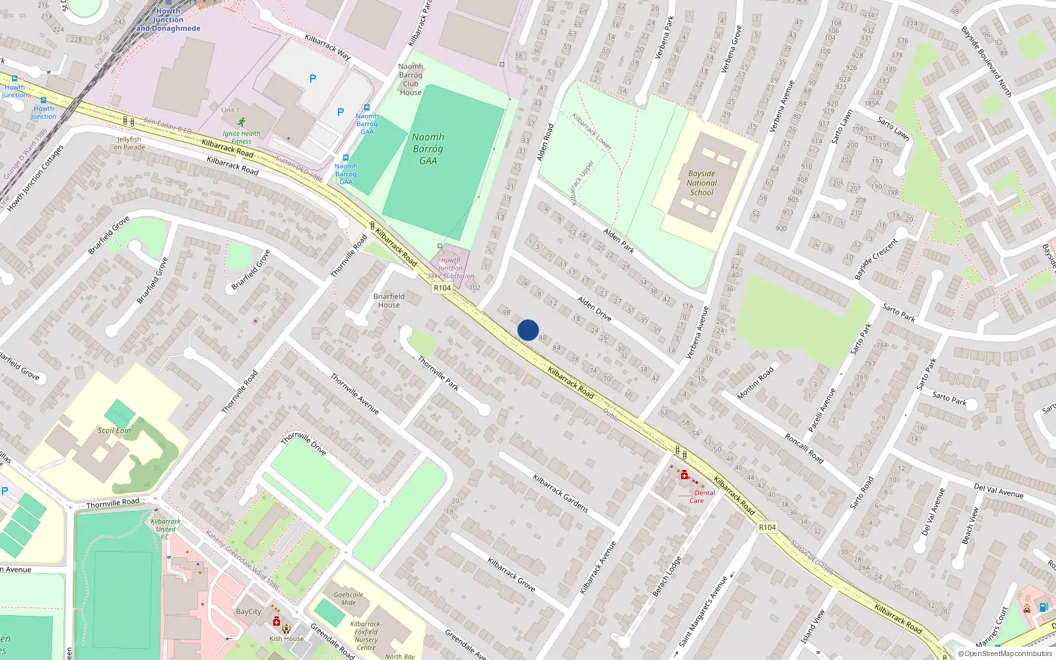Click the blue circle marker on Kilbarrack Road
tap(528, 330)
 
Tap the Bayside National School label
tap(702, 183)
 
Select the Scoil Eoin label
tap(114, 430)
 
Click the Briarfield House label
tap(389, 300)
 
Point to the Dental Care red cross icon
tap(684, 475)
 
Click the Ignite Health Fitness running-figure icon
tap(242, 122)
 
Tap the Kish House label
tap(286, 638)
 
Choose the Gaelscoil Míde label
tap(348, 598)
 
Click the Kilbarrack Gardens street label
tap(560, 494)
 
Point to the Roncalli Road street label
tap(803, 448)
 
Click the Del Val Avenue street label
tap(998, 490)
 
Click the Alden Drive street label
tap(594, 308)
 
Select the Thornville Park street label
tap(438, 373)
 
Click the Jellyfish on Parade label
tap(129, 143)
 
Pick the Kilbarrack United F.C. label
tap(165, 529)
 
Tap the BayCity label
tap(248, 612)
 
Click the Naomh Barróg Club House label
tap(411, 79)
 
